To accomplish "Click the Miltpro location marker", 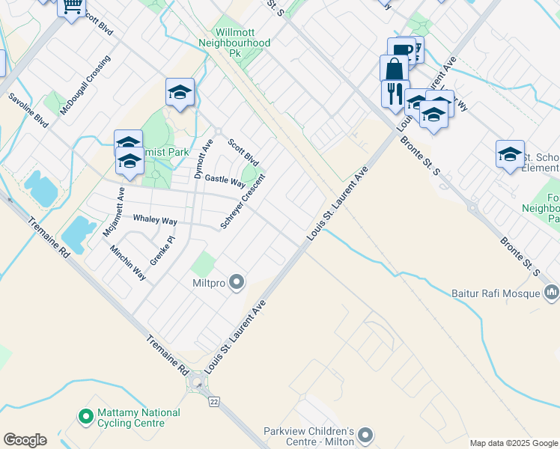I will pyautogui.click(x=237, y=282).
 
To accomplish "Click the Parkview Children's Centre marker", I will pyautogui.click(x=365, y=435).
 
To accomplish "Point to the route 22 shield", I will pyautogui.click(x=215, y=402).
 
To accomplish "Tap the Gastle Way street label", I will pyautogui.click(x=225, y=181).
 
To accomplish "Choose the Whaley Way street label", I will pyautogui.click(x=155, y=221).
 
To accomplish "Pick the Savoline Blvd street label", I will pyautogui.click(x=28, y=109).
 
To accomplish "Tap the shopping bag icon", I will pyautogui.click(x=394, y=69).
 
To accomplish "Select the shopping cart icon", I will pyautogui.click(x=72, y=7).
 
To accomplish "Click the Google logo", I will pyautogui.click(x=25, y=440).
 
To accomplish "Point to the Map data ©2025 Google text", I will pyautogui.click(x=513, y=443).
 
